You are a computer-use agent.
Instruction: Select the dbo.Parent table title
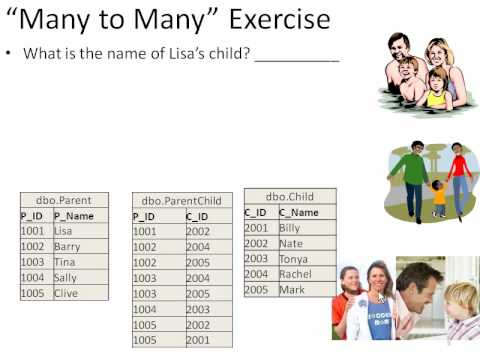point(63,200)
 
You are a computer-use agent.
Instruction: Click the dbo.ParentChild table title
point(182,201)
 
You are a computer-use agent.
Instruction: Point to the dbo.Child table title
point(289,197)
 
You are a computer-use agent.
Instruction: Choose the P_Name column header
point(76,215)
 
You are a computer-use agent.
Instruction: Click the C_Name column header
point(300,212)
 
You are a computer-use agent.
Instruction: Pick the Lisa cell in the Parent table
point(64,231)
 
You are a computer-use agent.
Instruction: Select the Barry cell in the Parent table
point(67,246)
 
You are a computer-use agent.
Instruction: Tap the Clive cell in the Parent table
point(66,293)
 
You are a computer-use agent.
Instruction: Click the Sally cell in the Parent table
point(66,278)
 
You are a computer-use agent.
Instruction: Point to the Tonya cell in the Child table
point(293,259)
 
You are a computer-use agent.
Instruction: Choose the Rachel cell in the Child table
point(295,274)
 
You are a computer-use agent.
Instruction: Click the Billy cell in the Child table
point(290,228)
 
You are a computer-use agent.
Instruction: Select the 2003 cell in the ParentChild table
point(198,309)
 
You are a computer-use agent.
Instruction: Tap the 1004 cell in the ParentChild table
point(145,309)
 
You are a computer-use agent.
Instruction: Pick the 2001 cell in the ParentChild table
point(198,340)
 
